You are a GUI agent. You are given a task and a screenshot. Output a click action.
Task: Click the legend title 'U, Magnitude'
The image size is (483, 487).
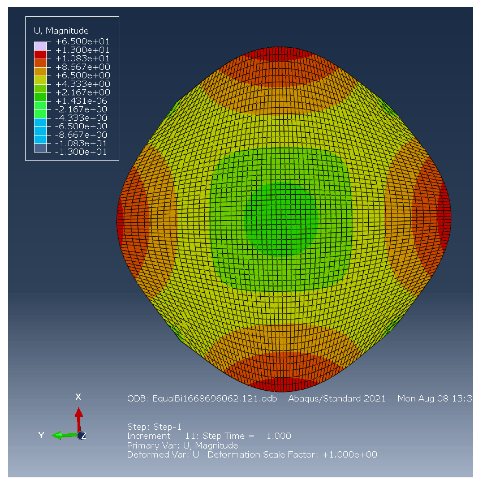(x=61, y=31)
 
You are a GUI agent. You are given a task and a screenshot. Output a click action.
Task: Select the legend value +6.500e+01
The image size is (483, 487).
(x=82, y=42)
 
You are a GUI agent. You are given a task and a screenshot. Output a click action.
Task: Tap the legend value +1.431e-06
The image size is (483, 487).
(x=81, y=101)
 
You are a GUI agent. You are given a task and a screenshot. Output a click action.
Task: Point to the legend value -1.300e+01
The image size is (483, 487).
(x=81, y=152)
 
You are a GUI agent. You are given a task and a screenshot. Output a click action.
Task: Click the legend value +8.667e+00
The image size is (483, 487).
(x=82, y=67)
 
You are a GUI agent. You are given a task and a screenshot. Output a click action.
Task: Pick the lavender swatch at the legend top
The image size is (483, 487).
(x=40, y=46)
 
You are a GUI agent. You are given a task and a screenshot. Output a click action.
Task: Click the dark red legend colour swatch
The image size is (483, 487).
(x=40, y=55)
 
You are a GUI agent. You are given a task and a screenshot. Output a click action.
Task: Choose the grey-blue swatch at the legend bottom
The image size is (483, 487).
(x=40, y=148)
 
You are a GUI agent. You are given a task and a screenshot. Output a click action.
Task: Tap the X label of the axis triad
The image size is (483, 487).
(x=78, y=397)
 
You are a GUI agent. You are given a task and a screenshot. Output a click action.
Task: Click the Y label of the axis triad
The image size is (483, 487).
(x=41, y=435)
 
